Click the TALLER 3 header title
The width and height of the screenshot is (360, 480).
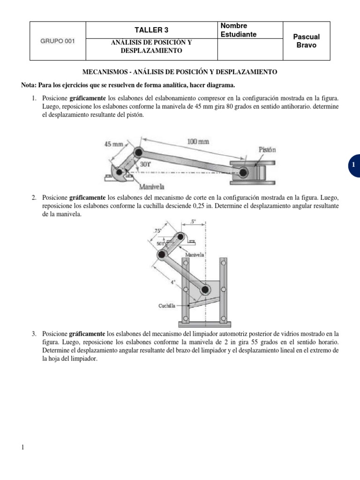pyautogui.click(x=151, y=30)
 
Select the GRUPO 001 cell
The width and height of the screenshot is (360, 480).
pyautogui.click(x=58, y=40)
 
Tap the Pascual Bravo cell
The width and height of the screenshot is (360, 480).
pyautogui.click(x=306, y=41)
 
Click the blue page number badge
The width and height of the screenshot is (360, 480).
pyautogui.click(x=353, y=165)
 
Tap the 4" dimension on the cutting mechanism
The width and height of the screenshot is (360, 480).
pyautogui.click(x=173, y=282)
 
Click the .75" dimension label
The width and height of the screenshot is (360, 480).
pyautogui.click(x=157, y=230)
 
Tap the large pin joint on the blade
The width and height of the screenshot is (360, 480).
pyautogui.click(x=204, y=291)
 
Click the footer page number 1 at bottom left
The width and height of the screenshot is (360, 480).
pyautogui.click(x=23, y=447)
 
